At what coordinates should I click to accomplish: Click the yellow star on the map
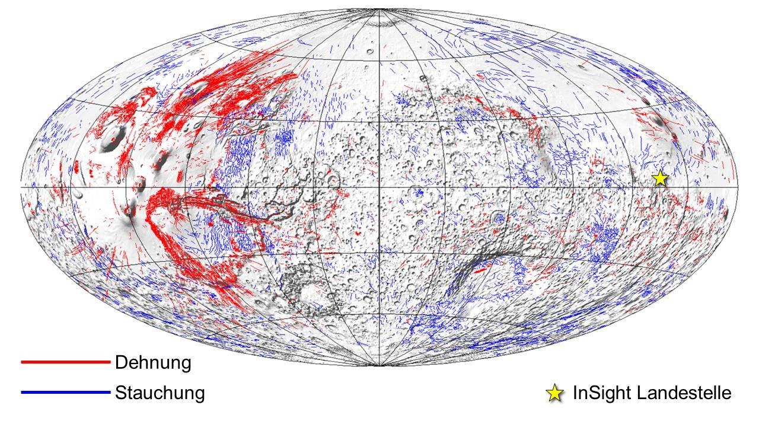tap(660, 178)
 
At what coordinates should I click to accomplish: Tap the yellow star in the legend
tap(554, 393)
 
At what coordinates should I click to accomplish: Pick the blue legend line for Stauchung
tap(65, 393)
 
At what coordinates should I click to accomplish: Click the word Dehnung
tap(153, 362)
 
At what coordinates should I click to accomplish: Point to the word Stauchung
tap(160, 393)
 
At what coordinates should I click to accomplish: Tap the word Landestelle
tap(681, 393)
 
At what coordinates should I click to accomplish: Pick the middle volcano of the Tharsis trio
tap(140, 186)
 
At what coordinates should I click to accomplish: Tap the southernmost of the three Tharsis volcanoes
tap(129, 208)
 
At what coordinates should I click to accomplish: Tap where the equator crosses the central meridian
tap(379, 187)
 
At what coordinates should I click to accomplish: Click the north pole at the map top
tap(379, 10)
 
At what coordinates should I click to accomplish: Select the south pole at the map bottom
tap(379, 365)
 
